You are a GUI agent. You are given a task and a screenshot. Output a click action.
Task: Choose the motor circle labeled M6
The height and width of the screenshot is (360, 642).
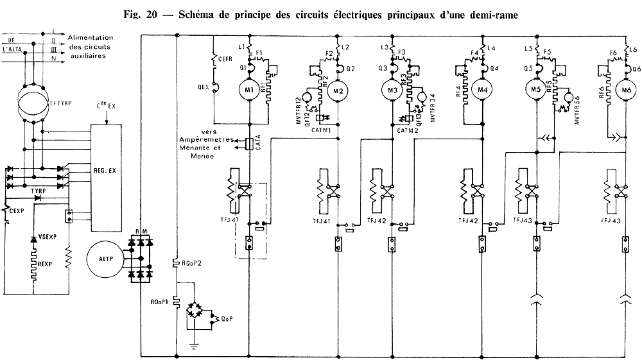[x=623, y=90]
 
